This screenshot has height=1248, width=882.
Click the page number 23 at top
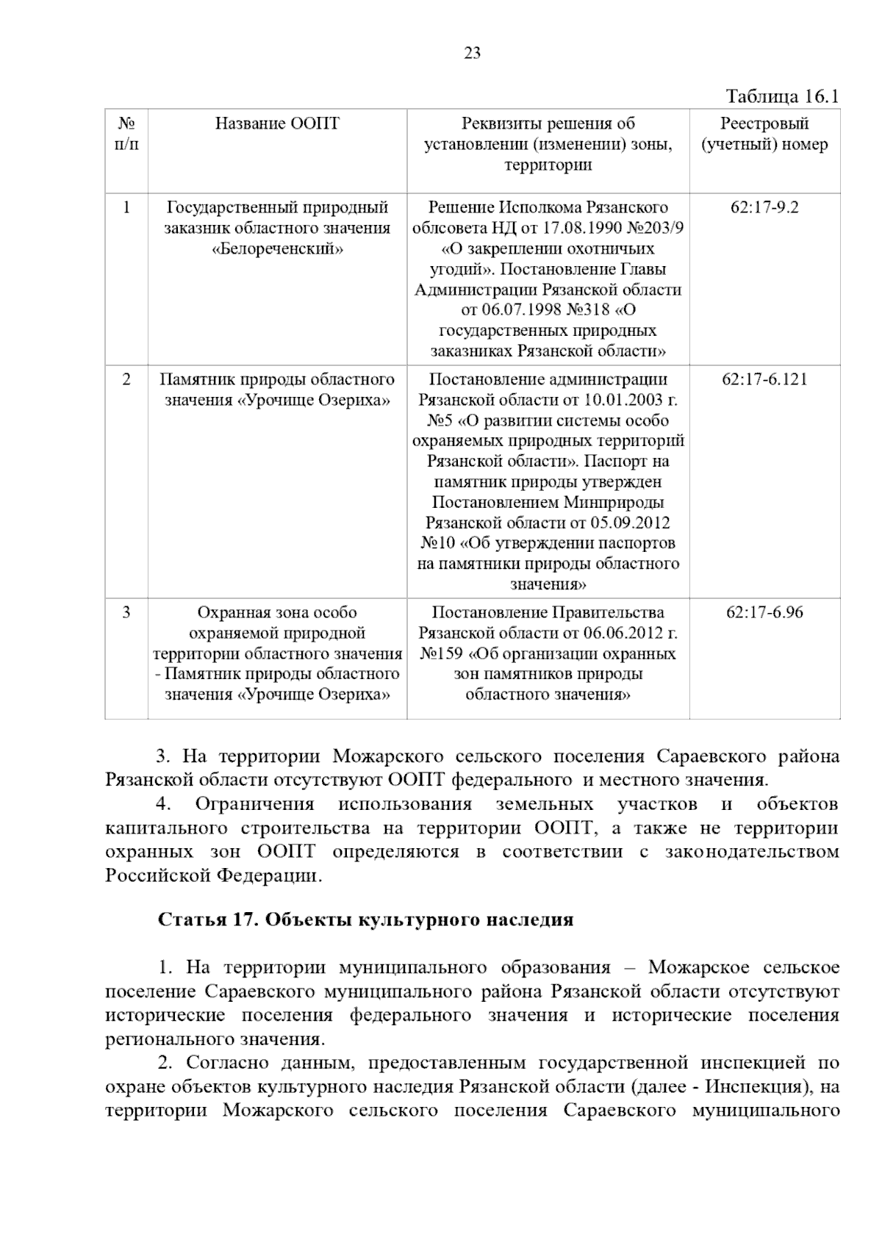tap(472, 53)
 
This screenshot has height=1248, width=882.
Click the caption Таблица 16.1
tap(782, 96)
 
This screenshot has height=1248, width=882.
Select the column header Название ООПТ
tap(277, 123)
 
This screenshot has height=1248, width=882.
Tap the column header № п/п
tap(126, 133)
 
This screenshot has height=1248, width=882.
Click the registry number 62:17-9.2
tap(764, 207)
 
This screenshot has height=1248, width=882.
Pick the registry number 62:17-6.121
tap(764, 380)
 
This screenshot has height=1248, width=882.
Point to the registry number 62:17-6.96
tap(764, 612)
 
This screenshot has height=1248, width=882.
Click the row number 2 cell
tap(126, 380)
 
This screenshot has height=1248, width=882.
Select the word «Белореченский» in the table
tap(277, 248)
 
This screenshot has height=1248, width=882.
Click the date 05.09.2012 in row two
tap(631, 523)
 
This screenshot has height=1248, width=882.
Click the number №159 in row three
tap(442, 653)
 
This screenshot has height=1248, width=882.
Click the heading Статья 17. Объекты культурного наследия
tap(365, 920)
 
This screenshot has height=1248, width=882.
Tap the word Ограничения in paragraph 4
tap(254, 805)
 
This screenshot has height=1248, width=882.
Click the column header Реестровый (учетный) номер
tap(764, 134)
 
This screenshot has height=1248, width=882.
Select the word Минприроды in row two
tap(614, 503)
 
